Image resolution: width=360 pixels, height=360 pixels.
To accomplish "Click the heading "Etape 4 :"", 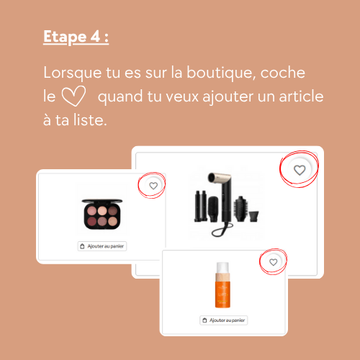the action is pos(76,37).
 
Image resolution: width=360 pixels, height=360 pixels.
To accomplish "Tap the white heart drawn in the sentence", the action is pos(73,96).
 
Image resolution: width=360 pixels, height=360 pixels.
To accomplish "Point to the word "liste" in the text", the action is pos(90,120).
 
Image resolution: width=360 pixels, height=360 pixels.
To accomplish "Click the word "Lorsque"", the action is pos(73,73).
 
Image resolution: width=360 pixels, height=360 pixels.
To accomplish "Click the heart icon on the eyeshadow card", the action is pos(153,186).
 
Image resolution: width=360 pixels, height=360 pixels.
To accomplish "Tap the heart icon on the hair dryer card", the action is pos(300,170).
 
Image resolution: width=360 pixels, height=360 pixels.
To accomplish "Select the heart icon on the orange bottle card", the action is pos(273,262).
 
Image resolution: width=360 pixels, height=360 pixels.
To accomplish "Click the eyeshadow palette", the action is pos(102,214).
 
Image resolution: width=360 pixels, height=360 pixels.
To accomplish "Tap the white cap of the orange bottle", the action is pos(222,267).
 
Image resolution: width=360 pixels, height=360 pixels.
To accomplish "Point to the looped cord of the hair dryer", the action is pos(222,229).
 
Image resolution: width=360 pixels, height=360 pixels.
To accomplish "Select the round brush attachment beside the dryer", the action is pos(240,209).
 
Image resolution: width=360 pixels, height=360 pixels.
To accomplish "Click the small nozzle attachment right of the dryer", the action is pos(253,217).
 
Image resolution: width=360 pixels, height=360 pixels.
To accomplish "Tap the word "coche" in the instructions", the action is pos(282,73).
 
